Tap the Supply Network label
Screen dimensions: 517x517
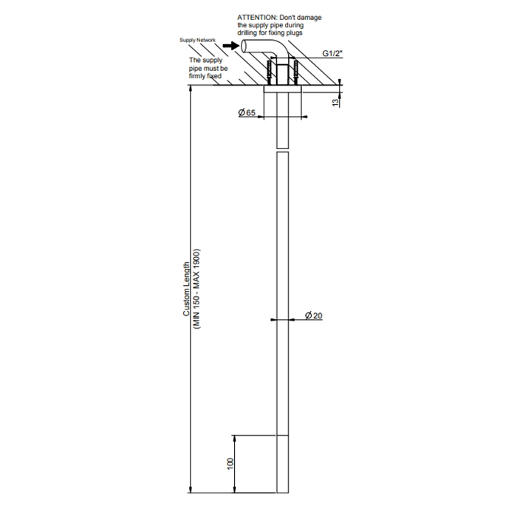pos(197,40)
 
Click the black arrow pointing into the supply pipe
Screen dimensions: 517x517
pos(230,46)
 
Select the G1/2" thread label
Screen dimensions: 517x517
pos(332,53)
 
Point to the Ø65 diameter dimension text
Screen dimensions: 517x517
pos(247,113)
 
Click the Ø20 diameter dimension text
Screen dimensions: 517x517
pos(314,316)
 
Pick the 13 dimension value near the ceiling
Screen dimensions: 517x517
pos(335,103)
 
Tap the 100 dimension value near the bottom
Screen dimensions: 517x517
pos(230,464)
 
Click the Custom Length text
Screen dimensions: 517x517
pos(187,290)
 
